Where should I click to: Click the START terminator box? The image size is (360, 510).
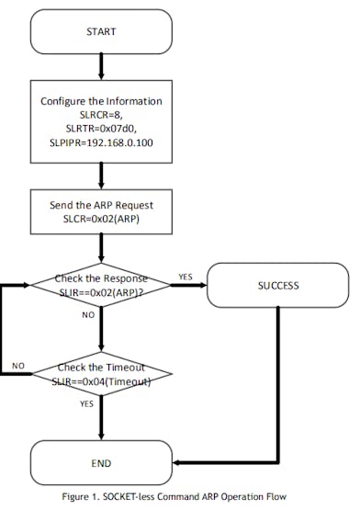102,31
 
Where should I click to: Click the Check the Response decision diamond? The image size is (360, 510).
102,285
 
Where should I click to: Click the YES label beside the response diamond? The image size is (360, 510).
184,275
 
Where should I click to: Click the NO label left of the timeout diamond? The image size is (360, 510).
18,365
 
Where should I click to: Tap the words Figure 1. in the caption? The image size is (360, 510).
87,497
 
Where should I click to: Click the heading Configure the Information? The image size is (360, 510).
102,101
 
